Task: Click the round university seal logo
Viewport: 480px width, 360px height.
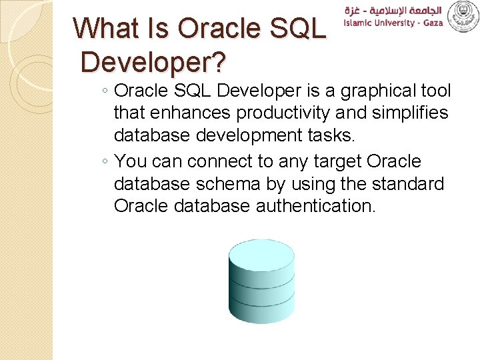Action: [463, 16]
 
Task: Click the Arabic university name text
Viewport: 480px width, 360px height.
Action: [393, 9]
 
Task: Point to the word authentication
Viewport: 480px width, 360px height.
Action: [316, 206]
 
